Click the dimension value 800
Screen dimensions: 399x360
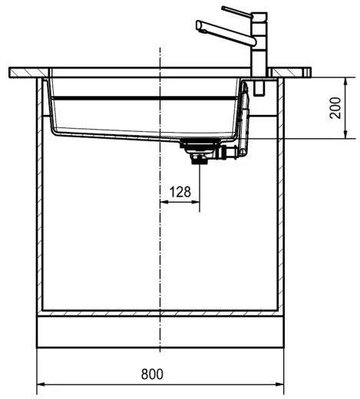(153, 374)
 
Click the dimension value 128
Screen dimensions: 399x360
(179, 192)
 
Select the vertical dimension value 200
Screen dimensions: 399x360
(335, 108)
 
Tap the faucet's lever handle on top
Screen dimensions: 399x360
(236, 12)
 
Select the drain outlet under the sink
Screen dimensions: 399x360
(199, 157)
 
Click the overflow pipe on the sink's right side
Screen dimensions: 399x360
(244, 119)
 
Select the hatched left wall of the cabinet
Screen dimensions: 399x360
(38, 192)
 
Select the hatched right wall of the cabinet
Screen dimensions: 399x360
(281, 192)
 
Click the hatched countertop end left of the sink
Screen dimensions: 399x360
(27, 72)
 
